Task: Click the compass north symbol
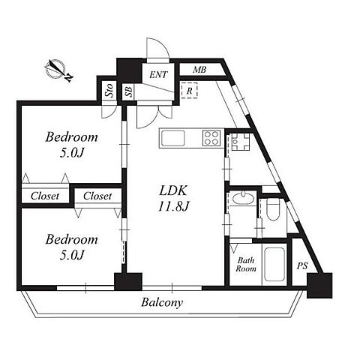[x=58, y=70]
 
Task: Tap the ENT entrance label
[x=158, y=74]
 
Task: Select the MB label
[x=199, y=70]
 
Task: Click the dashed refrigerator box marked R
[x=189, y=91]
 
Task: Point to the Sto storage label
[x=109, y=91]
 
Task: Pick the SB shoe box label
[x=128, y=91]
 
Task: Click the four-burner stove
[x=211, y=138]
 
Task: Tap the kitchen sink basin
[x=172, y=138]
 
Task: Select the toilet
[x=272, y=209]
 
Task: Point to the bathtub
[x=274, y=265]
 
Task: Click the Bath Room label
[x=246, y=265]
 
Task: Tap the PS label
[x=302, y=265]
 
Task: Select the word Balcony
[x=162, y=302]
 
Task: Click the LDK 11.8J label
[x=173, y=199]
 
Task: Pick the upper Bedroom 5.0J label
[x=71, y=145]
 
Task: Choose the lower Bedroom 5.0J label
[x=71, y=247]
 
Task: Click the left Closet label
[x=45, y=196]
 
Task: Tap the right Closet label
[x=97, y=196]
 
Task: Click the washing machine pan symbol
[x=241, y=142]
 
